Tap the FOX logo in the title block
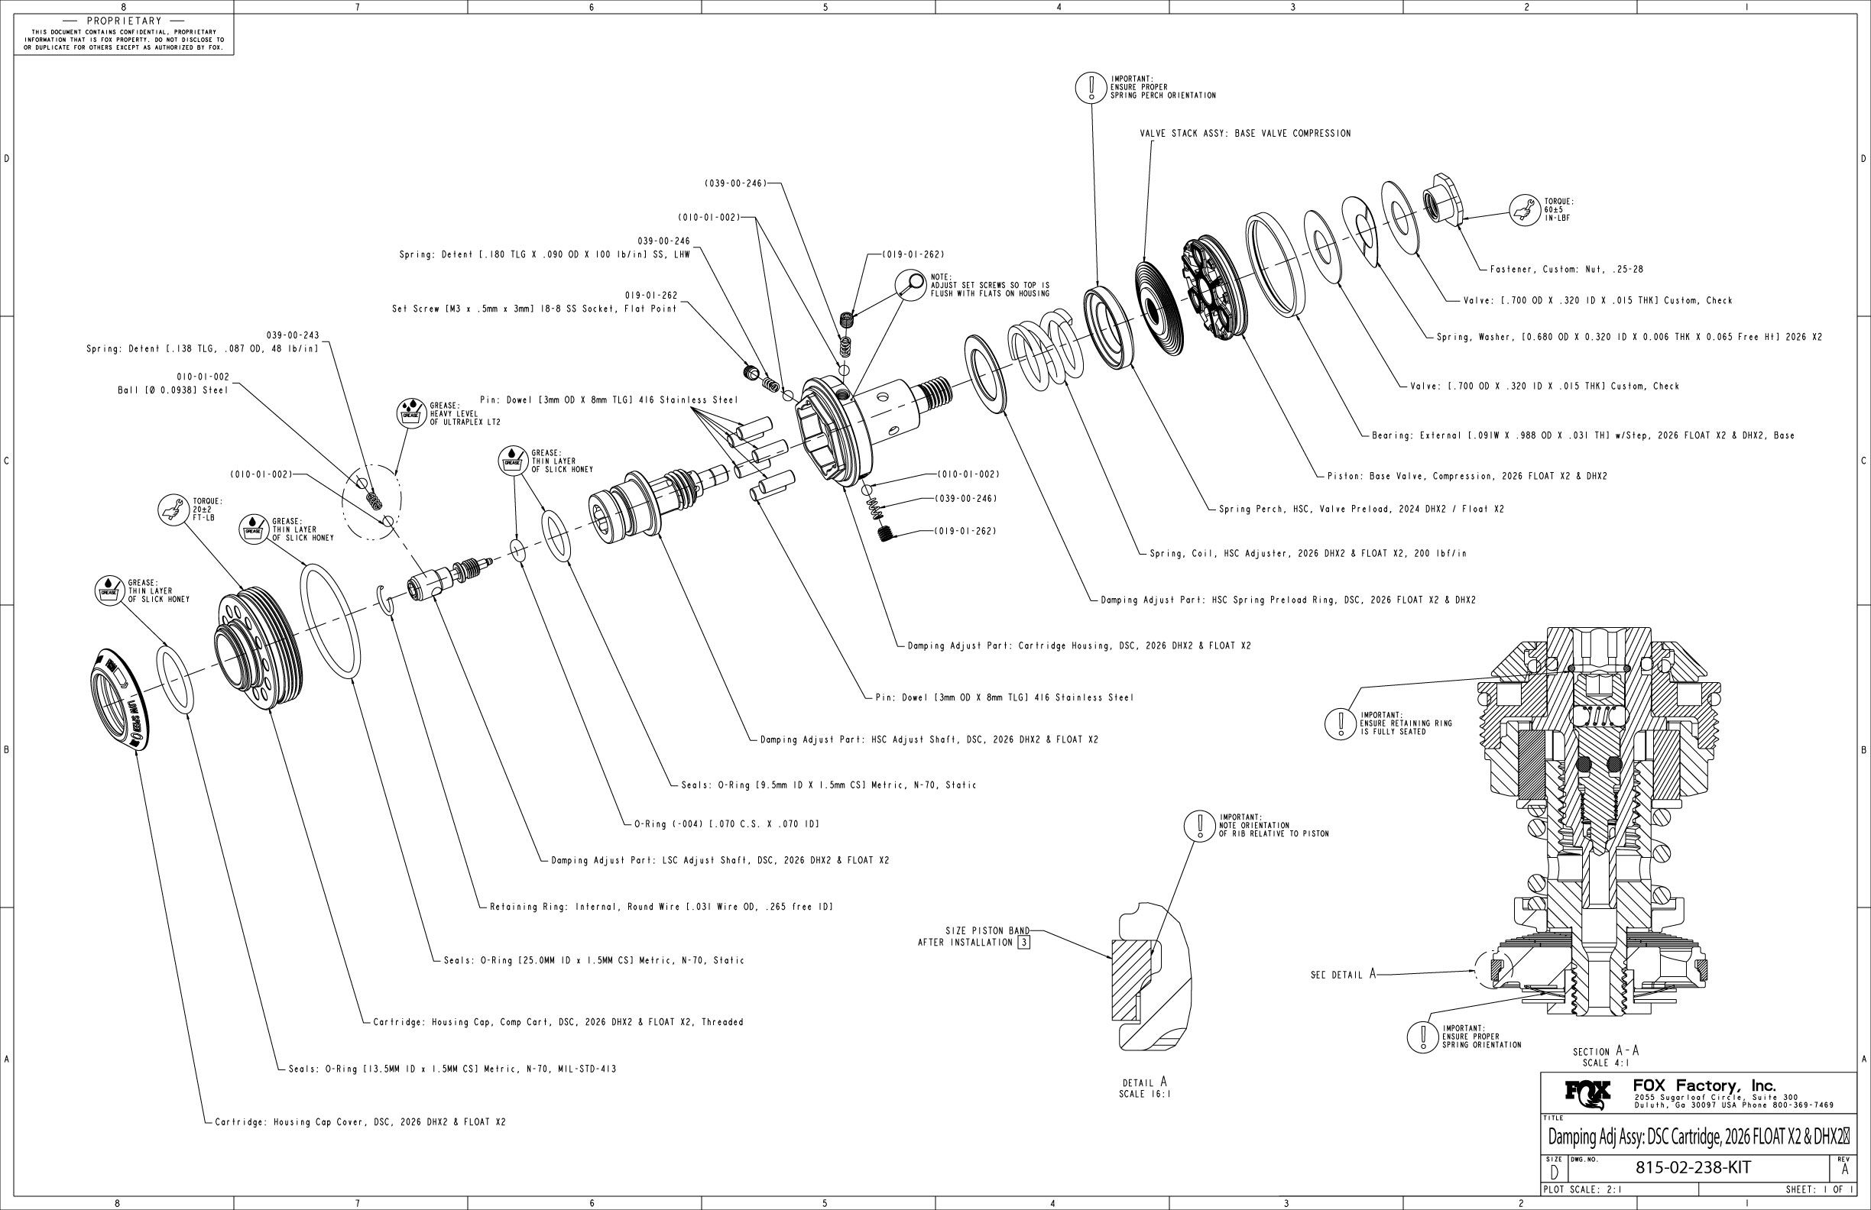(1587, 1094)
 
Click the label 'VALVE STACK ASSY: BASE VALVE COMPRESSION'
(1245, 134)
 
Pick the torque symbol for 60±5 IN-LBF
(1524, 211)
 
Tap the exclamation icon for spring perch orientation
(1091, 86)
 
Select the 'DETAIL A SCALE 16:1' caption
(1145, 1088)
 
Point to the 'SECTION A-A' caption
(1605, 1051)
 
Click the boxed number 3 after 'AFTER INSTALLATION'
(1023, 942)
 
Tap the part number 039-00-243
(293, 335)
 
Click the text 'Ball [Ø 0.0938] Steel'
(173, 390)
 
